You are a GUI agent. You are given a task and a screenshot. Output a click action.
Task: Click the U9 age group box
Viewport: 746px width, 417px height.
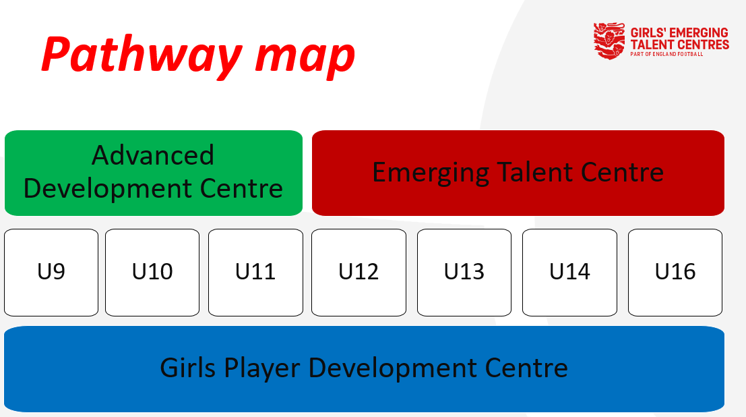51,273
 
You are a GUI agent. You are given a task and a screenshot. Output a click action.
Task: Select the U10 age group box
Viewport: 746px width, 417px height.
152,273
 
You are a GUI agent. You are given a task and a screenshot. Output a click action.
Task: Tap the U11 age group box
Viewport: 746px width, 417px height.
255,273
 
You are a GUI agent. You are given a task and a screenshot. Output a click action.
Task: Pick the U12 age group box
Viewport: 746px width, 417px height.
359,273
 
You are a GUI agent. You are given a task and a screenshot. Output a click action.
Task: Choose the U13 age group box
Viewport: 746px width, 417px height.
464,273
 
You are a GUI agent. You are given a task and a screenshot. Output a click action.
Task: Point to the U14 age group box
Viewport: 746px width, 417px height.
569,273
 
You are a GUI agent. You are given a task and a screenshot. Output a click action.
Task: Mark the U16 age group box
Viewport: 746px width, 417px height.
675,273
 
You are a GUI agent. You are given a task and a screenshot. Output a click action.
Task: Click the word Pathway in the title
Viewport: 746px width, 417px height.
142,55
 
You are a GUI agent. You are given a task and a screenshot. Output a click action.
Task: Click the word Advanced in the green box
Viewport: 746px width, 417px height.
153,155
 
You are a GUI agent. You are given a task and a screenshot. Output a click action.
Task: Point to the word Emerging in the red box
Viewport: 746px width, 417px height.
431,173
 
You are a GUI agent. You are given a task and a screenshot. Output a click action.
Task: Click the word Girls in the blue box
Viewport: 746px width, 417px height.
188,368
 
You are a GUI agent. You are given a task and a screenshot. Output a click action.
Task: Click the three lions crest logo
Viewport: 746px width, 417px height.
609,41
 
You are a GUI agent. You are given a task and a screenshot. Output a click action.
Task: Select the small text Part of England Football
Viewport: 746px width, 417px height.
666,55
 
